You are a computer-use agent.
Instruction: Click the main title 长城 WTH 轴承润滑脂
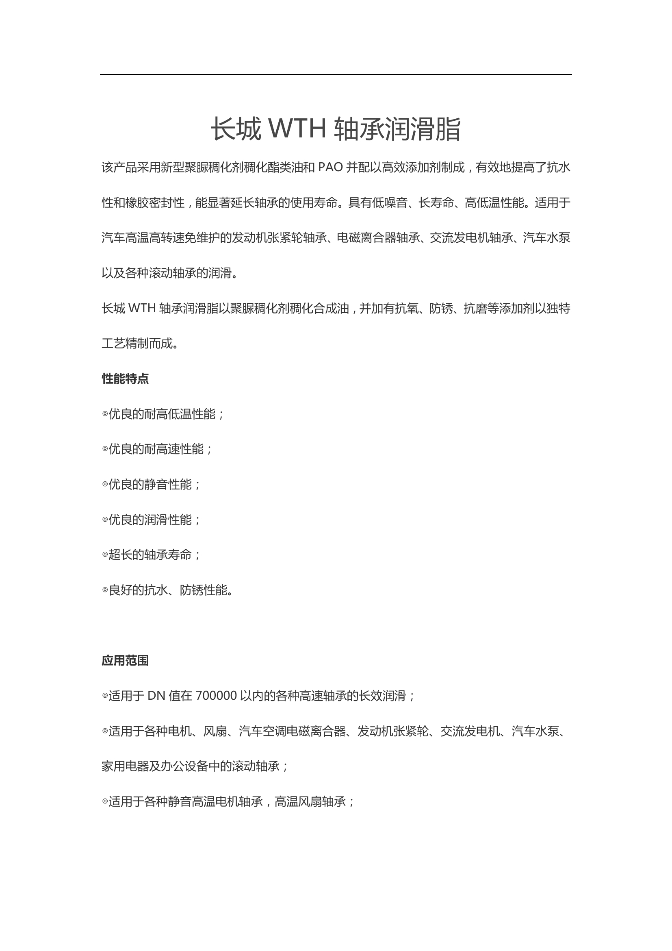pos(336,129)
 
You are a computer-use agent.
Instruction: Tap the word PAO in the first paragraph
pos(330,168)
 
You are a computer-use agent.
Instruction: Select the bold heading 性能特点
pos(125,379)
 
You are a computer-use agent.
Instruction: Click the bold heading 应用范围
pos(125,661)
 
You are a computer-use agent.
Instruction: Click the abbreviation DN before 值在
pos(156,696)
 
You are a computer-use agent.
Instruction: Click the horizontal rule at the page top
pos(336,74)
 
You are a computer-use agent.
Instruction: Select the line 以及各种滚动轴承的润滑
pos(170,273)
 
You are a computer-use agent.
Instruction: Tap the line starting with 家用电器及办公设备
pos(195,766)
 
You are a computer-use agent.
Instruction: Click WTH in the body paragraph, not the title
pos(142,308)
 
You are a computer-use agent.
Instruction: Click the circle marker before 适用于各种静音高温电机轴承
pos(105,801)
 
